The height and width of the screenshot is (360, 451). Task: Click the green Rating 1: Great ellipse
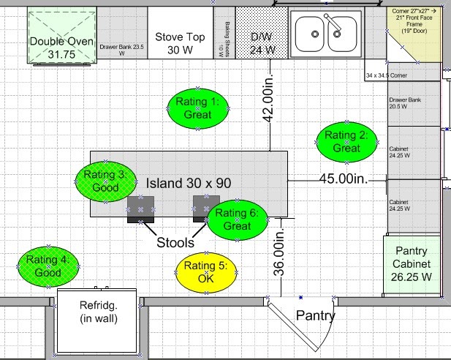click(198, 108)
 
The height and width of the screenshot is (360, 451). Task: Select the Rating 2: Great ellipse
click(347, 141)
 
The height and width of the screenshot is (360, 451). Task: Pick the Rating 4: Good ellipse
click(48, 266)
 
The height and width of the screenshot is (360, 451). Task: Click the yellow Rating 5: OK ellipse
click(206, 272)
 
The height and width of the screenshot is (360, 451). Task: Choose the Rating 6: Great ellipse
click(238, 220)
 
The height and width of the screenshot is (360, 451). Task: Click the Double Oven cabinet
click(61, 37)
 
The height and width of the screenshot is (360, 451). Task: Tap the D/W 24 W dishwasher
click(262, 37)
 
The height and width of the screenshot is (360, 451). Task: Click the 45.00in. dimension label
click(342, 178)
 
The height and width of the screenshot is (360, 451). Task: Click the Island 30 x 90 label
click(183, 183)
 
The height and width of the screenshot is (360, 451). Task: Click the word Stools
click(175, 242)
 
